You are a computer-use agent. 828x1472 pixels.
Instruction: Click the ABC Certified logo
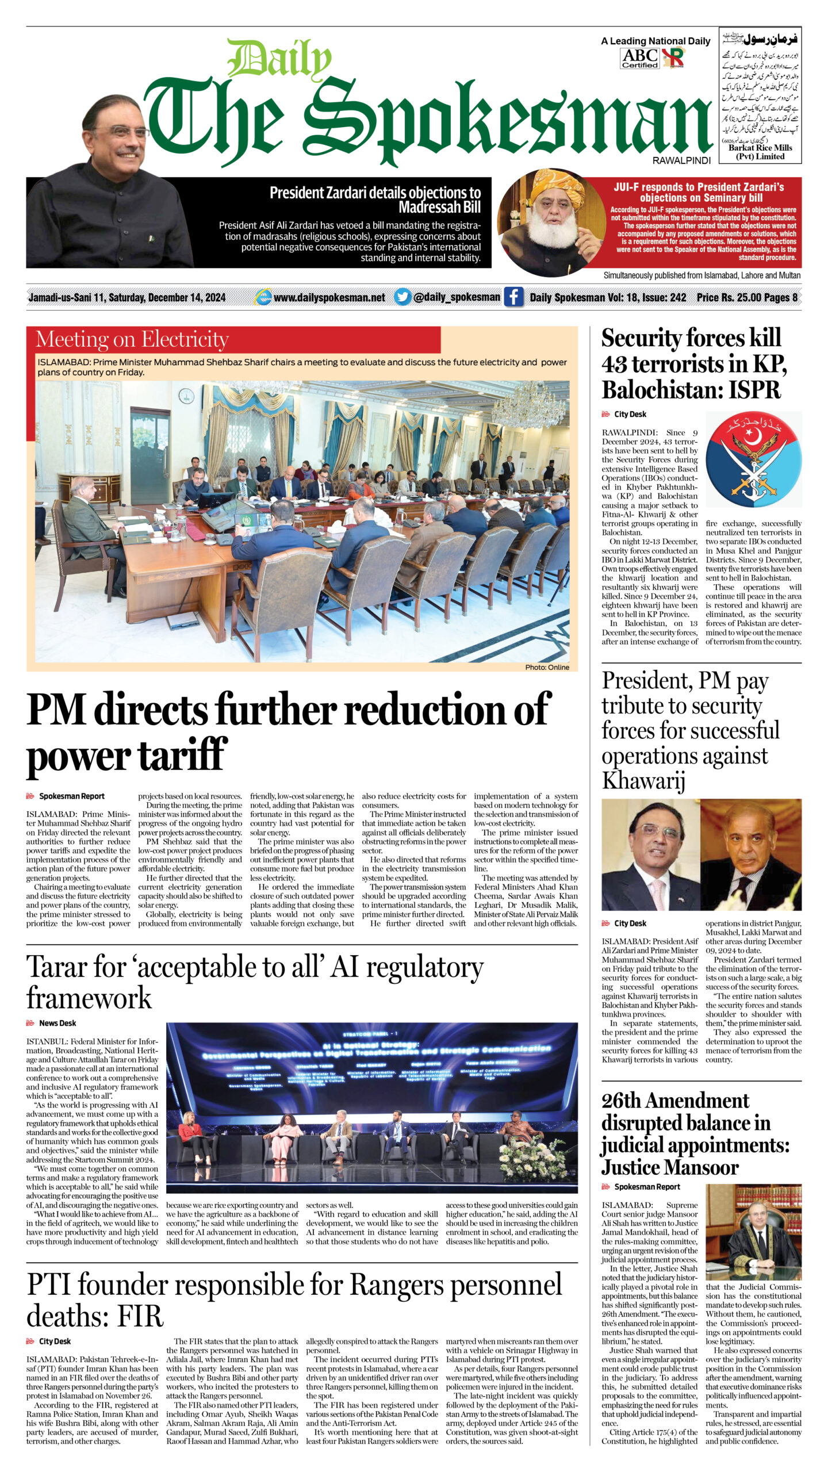coord(639,58)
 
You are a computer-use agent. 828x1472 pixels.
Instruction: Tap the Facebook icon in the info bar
coord(513,297)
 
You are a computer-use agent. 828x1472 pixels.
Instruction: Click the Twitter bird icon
coord(402,297)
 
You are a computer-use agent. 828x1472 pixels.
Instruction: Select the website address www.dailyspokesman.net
coord(329,297)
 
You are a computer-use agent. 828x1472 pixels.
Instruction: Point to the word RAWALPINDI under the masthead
coord(681,161)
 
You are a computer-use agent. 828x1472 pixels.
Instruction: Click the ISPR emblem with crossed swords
coord(753,459)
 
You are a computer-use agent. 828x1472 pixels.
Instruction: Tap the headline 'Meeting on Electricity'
coord(132,340)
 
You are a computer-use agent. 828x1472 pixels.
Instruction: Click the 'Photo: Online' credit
coord(547,668)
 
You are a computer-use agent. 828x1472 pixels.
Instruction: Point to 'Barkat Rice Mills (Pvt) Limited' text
coord(760,152)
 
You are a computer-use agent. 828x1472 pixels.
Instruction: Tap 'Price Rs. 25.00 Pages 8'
coord(747,297)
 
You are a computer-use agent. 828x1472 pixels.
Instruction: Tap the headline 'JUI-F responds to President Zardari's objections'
coord(699,192)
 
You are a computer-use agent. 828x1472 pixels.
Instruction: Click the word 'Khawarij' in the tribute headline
coord(643,781)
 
